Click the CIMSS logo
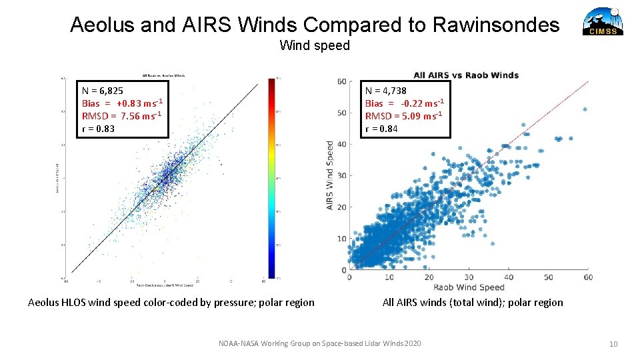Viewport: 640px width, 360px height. tap(603, 21)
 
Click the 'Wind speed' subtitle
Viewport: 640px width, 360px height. tap(314, 45)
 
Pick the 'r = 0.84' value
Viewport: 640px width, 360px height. tap(381, 129)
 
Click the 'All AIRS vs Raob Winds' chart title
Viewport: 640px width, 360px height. tap(465, 75)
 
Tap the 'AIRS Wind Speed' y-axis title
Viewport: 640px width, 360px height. tap(330, 175)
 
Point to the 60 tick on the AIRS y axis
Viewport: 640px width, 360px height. tap(341, 81)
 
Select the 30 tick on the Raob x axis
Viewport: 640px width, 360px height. tap(469, 277)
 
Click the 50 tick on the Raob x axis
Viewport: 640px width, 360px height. tap(548, 277)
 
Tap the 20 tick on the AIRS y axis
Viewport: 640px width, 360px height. tap(341, 207)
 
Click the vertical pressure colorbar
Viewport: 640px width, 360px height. tap(271, 177)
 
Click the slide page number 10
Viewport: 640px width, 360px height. tap(613, 343)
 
